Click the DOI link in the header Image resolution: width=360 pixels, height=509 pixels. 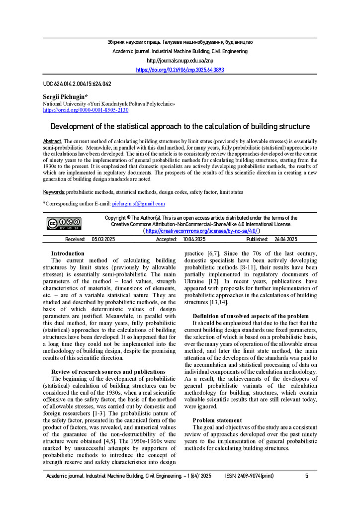(180, 70)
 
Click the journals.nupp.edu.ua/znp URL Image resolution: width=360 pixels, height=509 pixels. (180, 61)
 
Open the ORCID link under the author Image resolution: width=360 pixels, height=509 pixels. (86, 110)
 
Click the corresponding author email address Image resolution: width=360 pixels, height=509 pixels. (138, 204)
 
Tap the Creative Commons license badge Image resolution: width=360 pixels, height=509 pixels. (64, 224)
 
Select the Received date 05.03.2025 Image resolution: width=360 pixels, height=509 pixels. (103, 240)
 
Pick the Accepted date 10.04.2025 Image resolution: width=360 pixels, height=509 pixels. (194, 240)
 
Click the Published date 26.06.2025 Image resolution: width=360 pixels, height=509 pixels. (286, 240)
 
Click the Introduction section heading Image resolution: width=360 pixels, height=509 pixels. (68, 254)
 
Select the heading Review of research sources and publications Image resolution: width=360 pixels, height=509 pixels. (108, 372)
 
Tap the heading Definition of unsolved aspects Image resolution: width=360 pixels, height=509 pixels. (251, 316)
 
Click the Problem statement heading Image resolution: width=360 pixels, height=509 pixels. (217, 421)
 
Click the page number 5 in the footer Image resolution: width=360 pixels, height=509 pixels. (307, 476)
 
